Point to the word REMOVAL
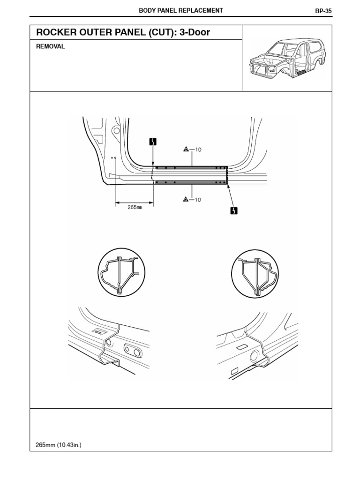50,47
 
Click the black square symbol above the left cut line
153,142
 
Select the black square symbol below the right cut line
233,210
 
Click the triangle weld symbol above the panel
186,150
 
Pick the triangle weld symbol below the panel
186,200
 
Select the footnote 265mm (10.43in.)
59,444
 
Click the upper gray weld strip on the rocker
190,167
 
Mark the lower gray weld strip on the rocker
190,182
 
